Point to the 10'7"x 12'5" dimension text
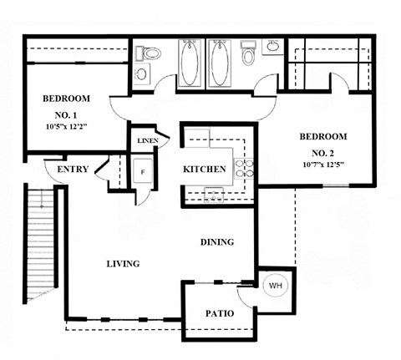pos(325,165)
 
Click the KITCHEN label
pos(205,170)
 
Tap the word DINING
pos(216,242)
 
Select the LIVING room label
pos(123,263)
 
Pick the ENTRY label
pos(73,170)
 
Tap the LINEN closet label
pos(146,140)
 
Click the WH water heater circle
pos(275,286)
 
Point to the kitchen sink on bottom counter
pos(213,195)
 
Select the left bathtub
pos(190,65)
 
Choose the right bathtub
pos(221,65)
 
